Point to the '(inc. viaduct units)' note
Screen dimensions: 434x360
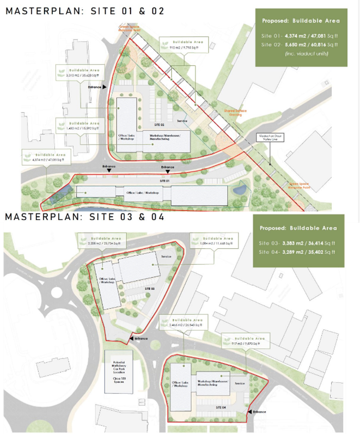coord(301,53)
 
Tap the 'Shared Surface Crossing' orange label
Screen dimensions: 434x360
coord(236,112)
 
